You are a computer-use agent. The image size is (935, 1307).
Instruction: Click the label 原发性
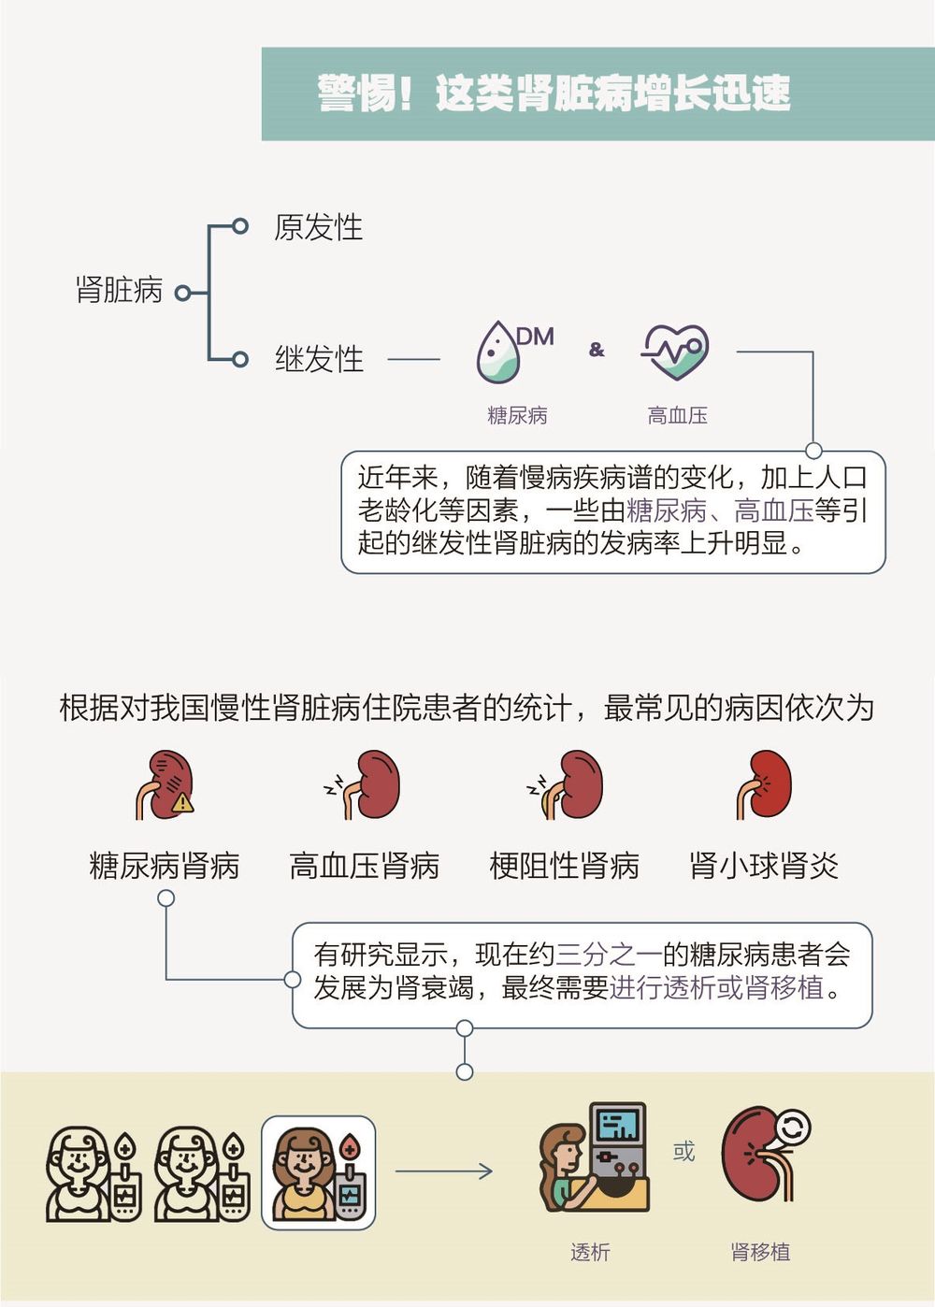[x=318, y=227]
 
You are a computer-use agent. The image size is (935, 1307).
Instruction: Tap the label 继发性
[x=319, y=359]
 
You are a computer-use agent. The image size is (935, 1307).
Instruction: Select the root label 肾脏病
[x=119, y=290]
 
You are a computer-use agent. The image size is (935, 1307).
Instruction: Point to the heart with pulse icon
[x=676, y=352]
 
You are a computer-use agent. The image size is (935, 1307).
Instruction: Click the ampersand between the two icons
[x=597, y=350]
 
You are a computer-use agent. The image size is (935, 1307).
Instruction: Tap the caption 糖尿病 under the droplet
[x=517, y=415]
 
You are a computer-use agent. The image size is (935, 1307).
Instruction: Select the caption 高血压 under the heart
[x=677, y=415]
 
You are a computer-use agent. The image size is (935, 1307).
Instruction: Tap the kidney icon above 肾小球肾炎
[x=764, y=785]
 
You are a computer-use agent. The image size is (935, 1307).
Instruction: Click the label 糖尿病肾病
[x=165, y=866]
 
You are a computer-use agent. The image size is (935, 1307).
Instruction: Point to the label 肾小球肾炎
[x=763, y=866]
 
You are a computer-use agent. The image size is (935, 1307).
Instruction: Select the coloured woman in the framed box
[x=318, y=1172]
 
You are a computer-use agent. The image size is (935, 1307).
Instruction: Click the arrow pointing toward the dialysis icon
[x=444, y=1171]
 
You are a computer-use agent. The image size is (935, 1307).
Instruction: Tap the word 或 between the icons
[x=684, y=1152]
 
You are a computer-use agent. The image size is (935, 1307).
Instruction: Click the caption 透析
[x=590, y=1252]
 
